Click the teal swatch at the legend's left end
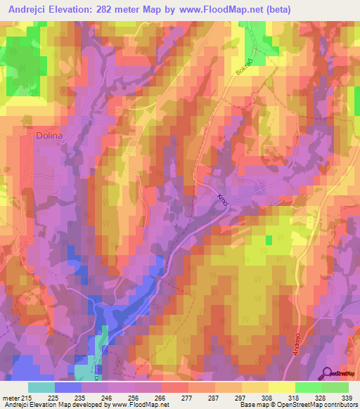[41, 387]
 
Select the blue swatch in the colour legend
[68, 387]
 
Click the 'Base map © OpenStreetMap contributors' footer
[304, 405]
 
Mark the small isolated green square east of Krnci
[269, 240]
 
